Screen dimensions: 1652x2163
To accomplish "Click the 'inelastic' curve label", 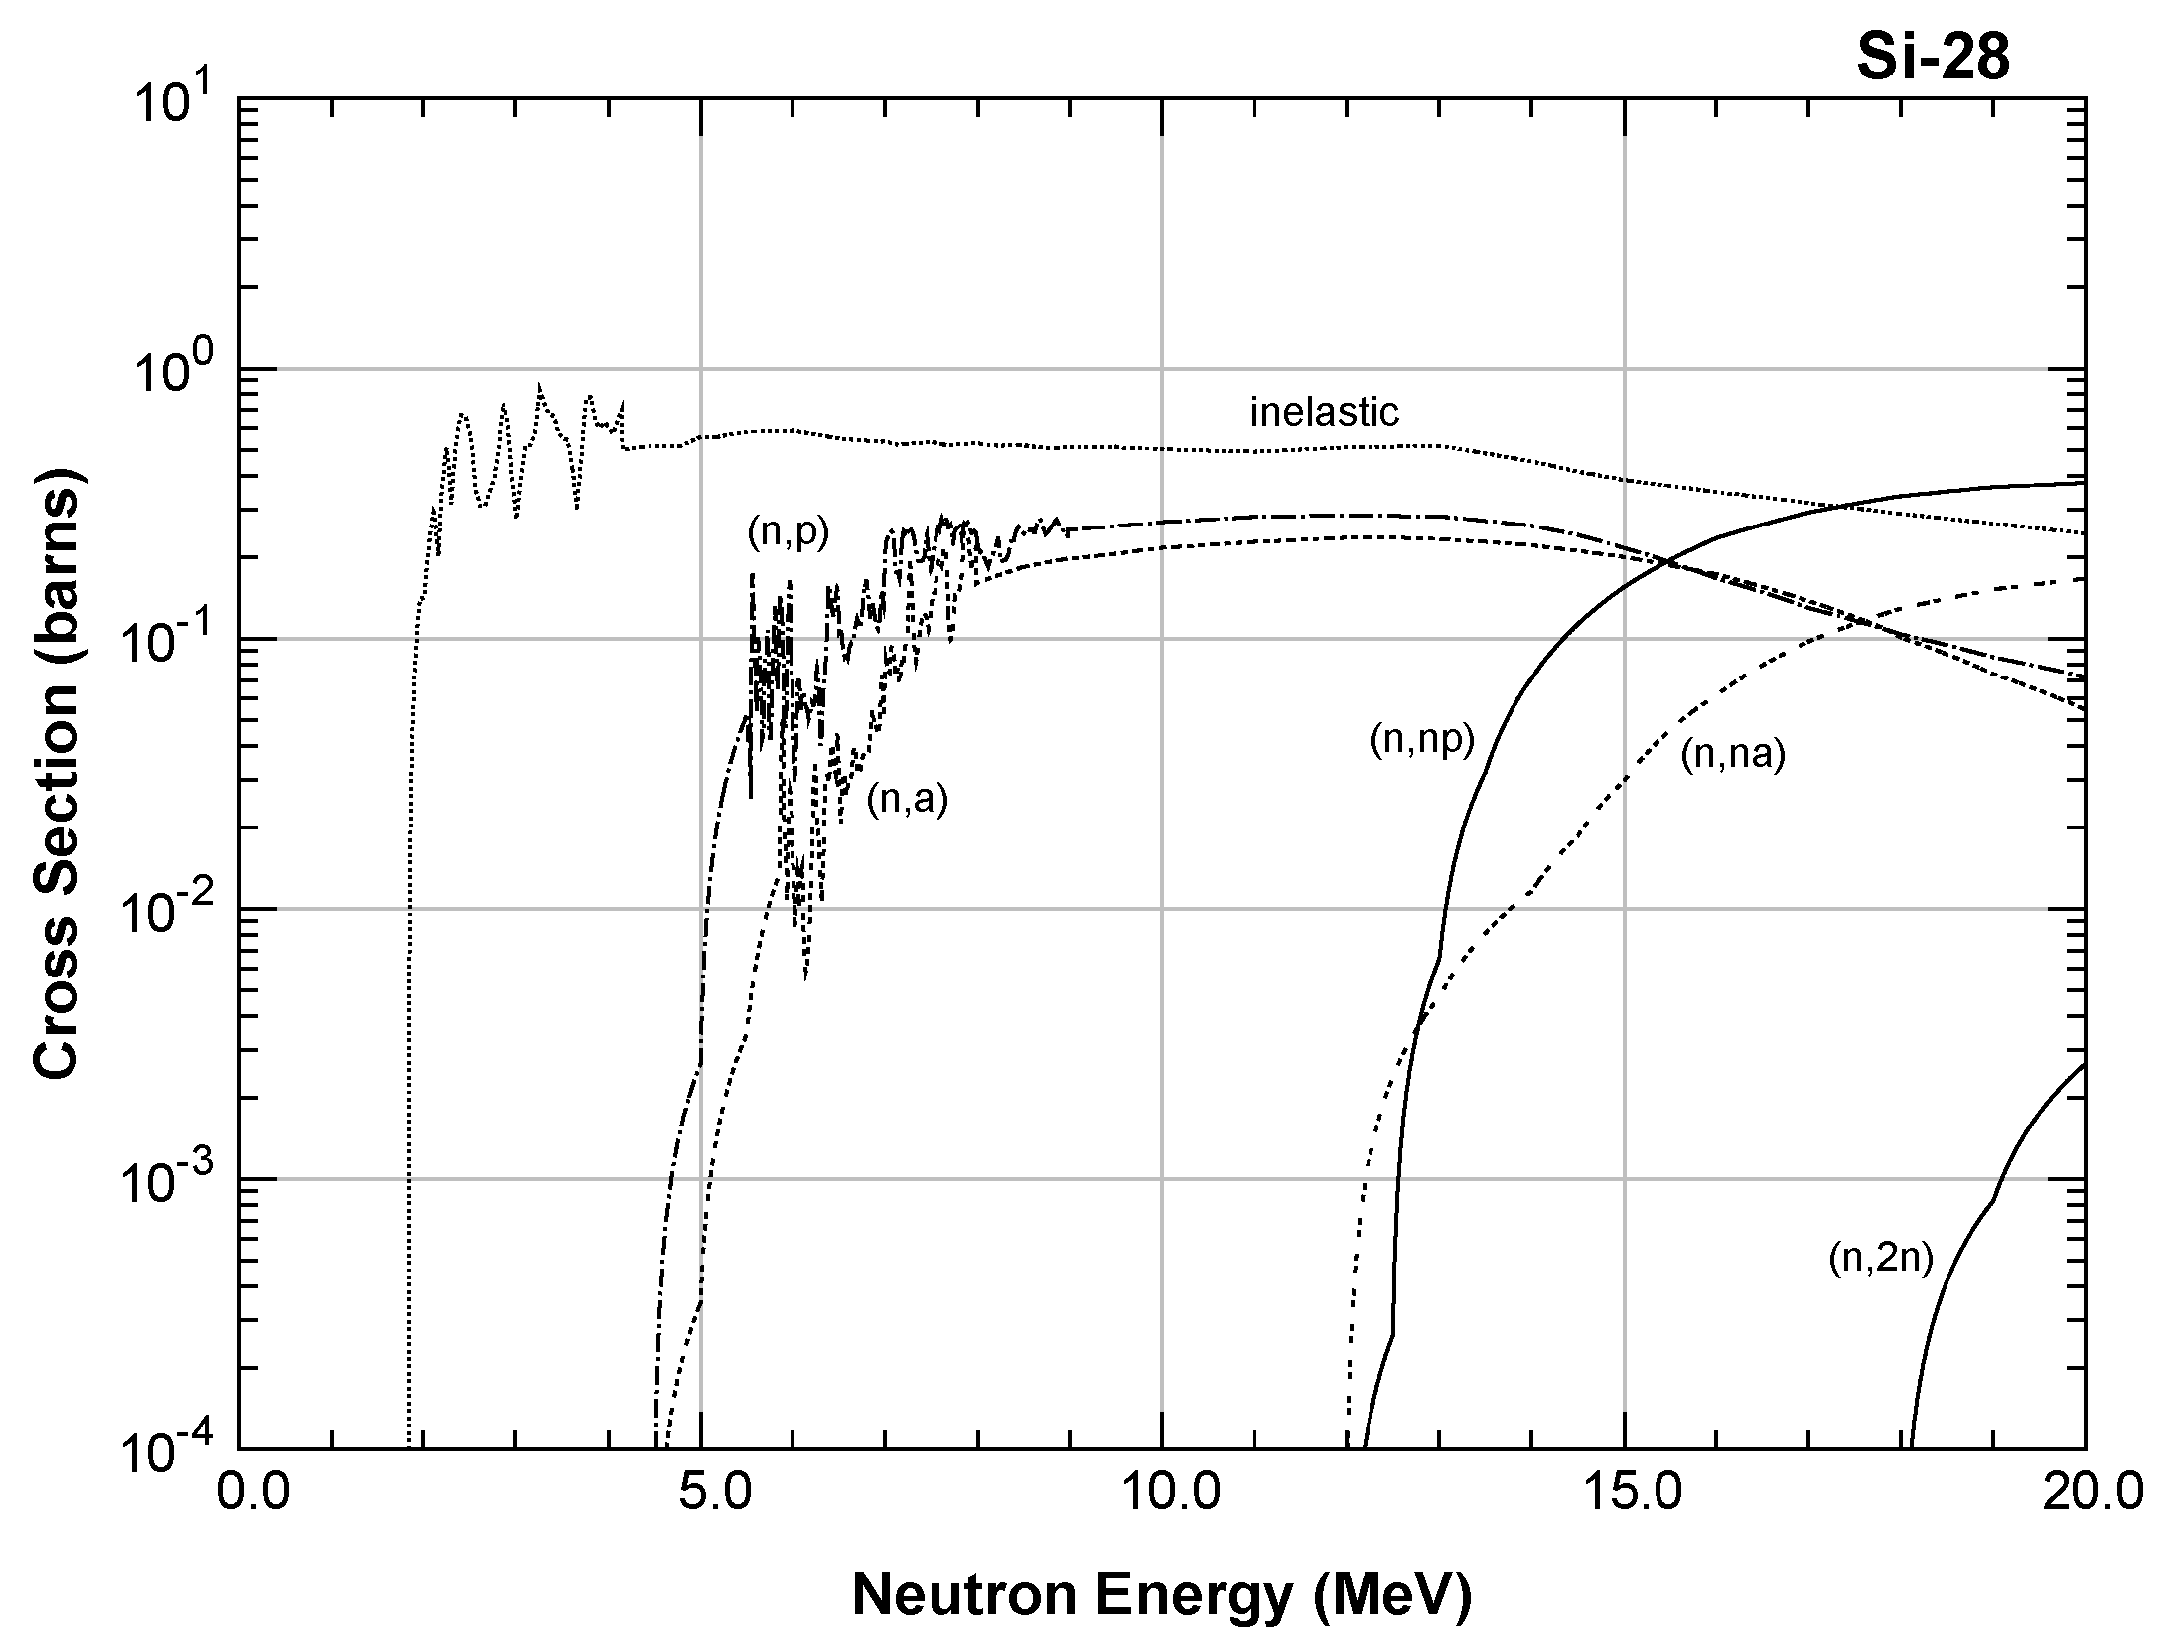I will tap(1324, 412).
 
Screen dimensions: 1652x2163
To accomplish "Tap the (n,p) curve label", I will tap(788, 533).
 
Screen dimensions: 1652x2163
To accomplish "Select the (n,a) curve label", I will tap(907, 799).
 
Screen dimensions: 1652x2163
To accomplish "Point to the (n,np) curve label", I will tap(1422, 740).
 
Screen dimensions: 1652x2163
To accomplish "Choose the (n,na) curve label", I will tap(1733, 755).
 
